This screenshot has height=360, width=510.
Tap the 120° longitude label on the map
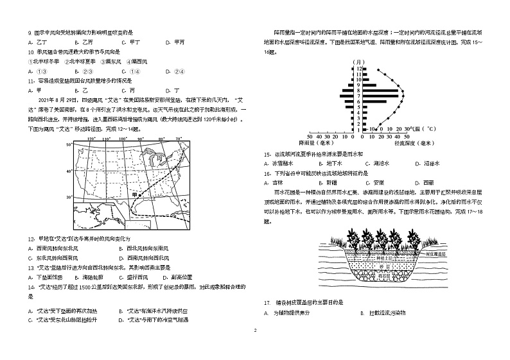(x=91, y=139)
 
